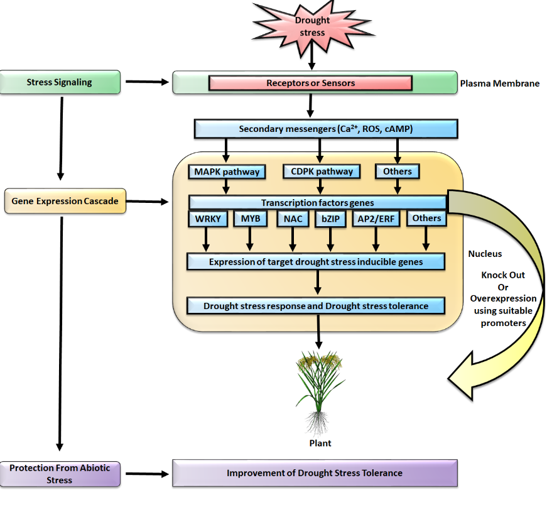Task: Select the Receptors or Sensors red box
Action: (310, 83)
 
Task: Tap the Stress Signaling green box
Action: (60, 82)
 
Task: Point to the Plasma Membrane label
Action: (499, 83)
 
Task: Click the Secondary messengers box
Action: (325, 129)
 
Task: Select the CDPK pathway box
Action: (322, 172)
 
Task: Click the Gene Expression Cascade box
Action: (65, 201)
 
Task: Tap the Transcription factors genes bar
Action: (317, 202)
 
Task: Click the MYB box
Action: (251, 219)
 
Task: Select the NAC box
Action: (292, 219)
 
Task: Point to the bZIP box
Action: (330, 219)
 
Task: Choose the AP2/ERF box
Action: (376, 219)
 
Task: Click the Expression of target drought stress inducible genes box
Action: (317, 261)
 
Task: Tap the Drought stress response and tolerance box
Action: (316, 306)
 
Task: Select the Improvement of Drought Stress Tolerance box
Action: (315, 473)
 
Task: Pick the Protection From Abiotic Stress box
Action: (60, 474)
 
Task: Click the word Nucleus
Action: (485, 254)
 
